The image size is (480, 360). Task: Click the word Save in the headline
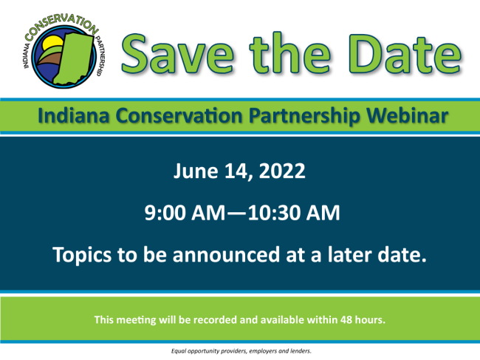(178, 55)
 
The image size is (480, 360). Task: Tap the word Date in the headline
(405, 55)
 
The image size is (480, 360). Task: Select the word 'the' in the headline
(290, 53)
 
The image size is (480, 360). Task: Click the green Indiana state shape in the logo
(74, 58)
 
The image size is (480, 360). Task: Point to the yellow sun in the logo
(52, 43)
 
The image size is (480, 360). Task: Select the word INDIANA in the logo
(27, 55)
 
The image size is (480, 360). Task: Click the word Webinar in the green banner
(408, 116)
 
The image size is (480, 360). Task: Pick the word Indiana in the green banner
(73, 116)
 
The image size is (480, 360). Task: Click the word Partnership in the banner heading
(304, 116)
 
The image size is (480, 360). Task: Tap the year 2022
(282, 171)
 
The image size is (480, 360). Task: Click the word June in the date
(196, 171)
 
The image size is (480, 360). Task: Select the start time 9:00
(165, 213)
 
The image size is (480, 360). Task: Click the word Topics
(82, 256)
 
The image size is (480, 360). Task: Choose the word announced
(226, 255)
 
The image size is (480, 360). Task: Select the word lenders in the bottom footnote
(301, 351)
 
